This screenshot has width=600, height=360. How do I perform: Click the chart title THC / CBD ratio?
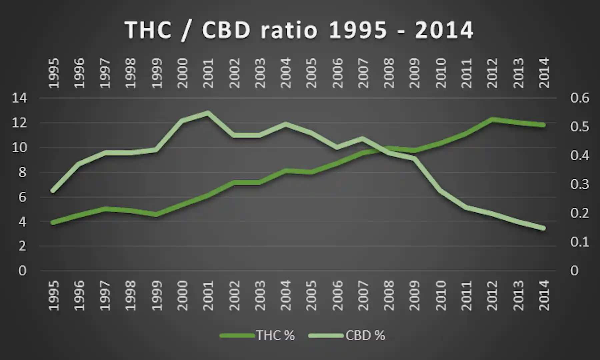click(299, 30)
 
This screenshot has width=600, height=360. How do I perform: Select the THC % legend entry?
click(275, 335)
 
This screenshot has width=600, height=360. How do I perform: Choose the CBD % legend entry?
click(365, 335)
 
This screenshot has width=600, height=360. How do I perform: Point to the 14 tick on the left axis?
click(19, 98)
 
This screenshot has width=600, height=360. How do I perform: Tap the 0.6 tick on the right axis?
click(580, 98)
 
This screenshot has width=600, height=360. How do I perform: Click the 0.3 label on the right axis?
click(580, 184)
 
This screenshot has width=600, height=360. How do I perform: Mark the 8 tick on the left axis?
click(22, 173)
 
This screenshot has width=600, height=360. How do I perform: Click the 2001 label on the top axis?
click(208, 73)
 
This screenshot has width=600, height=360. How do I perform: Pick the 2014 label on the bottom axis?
click(544, 296)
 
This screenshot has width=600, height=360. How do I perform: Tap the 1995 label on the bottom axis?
click(53, 296)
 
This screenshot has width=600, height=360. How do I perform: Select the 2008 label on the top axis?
click(389, 73)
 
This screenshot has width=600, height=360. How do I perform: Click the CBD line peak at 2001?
click(207, 113)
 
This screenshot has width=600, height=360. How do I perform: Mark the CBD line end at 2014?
click(543, 228)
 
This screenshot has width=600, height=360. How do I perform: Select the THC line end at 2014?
click(543, 125)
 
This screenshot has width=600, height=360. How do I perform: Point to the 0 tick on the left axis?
click(22, 271)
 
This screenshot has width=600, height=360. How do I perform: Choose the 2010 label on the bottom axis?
click(441, 296)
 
